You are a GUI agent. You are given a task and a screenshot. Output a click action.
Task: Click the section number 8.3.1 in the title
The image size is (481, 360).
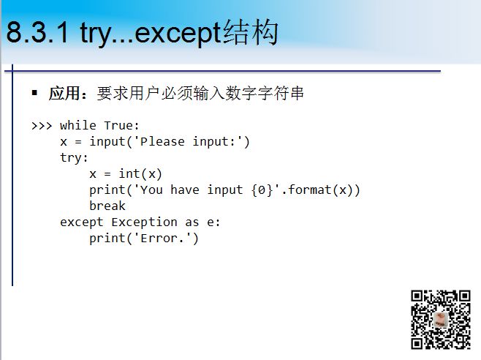pos(37,32)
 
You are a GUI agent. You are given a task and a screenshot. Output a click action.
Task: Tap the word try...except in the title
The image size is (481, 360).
pos(151,34)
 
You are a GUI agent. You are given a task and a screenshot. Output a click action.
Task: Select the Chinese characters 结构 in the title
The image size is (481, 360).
pos(251,32)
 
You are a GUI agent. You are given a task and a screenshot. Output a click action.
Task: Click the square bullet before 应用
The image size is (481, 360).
pos(34,92)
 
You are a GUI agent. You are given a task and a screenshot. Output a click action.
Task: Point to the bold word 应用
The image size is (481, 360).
pos(64,93)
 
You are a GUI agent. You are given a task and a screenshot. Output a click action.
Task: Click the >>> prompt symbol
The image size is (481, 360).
pos(42,126)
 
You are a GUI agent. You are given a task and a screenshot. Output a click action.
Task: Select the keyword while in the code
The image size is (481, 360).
pos(78,125)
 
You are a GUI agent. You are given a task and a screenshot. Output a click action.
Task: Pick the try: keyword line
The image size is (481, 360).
pos(74,158)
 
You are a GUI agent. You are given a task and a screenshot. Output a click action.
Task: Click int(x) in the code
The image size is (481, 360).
pos(140,174)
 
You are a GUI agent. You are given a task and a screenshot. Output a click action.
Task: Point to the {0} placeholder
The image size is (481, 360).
pos(262,190)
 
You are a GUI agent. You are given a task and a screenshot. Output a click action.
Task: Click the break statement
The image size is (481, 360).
pos(107,206)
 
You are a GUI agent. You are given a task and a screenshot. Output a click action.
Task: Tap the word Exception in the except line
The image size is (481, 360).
pos(144,222)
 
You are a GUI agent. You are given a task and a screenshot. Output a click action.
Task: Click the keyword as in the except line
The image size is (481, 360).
pos(192,222)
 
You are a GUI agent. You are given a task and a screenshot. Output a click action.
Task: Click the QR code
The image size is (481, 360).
pos(441,320)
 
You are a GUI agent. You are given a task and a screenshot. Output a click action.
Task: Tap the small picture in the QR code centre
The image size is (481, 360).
pos(441,320)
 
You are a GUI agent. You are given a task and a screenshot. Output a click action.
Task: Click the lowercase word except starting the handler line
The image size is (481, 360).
pos(82,222)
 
